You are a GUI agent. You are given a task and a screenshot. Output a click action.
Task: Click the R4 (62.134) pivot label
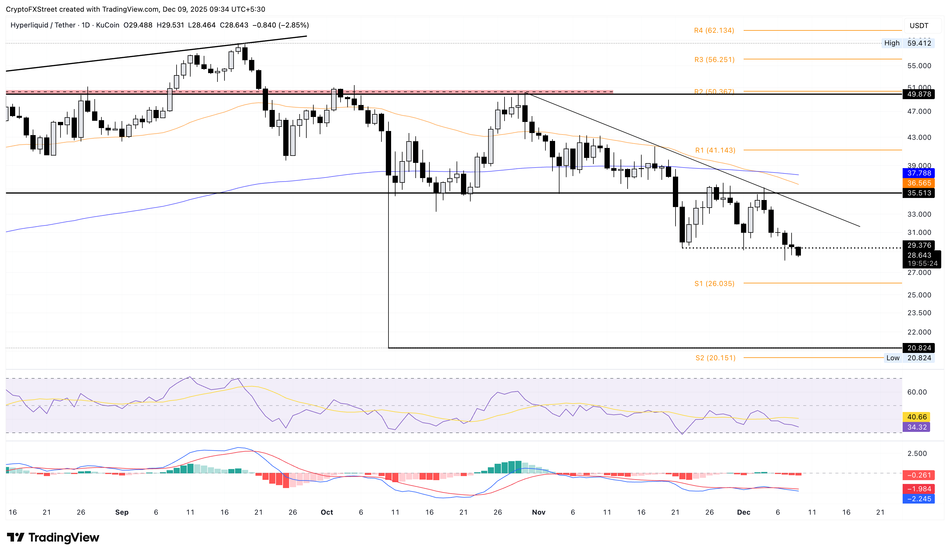click(x=714, y=30)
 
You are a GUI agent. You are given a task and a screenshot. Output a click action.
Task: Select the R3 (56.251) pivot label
click(x=714, y=60)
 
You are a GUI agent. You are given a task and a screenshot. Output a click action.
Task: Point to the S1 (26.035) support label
click(x=714, y=284)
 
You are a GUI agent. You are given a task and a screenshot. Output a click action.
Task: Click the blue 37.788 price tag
click(x=919, y=173)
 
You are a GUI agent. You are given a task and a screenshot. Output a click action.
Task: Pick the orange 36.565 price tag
click(x=919, y=183)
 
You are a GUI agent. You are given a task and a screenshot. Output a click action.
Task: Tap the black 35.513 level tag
click(x=919, y=193)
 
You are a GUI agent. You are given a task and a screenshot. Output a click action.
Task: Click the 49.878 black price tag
click(x=919, y=94)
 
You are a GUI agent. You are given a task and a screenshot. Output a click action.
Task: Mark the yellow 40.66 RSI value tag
click(x=916, y=417)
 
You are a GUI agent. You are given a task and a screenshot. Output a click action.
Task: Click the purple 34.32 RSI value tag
click(x=916, y=427)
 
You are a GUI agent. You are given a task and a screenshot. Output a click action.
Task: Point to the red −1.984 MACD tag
click(x=919, y=489)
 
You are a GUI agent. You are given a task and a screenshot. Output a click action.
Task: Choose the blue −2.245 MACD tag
click(x=919, y=499)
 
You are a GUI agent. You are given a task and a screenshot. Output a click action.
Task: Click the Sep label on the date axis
click(x=122, y=512)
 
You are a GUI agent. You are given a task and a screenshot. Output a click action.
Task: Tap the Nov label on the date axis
click(x=538, y=512)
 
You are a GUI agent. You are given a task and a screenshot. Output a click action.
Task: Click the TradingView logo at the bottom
click(x=53, y=537)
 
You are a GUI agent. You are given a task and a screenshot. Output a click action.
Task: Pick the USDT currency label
click(x=919, y=26)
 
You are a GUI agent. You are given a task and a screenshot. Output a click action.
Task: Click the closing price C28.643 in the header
click(x=234, y=25)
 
